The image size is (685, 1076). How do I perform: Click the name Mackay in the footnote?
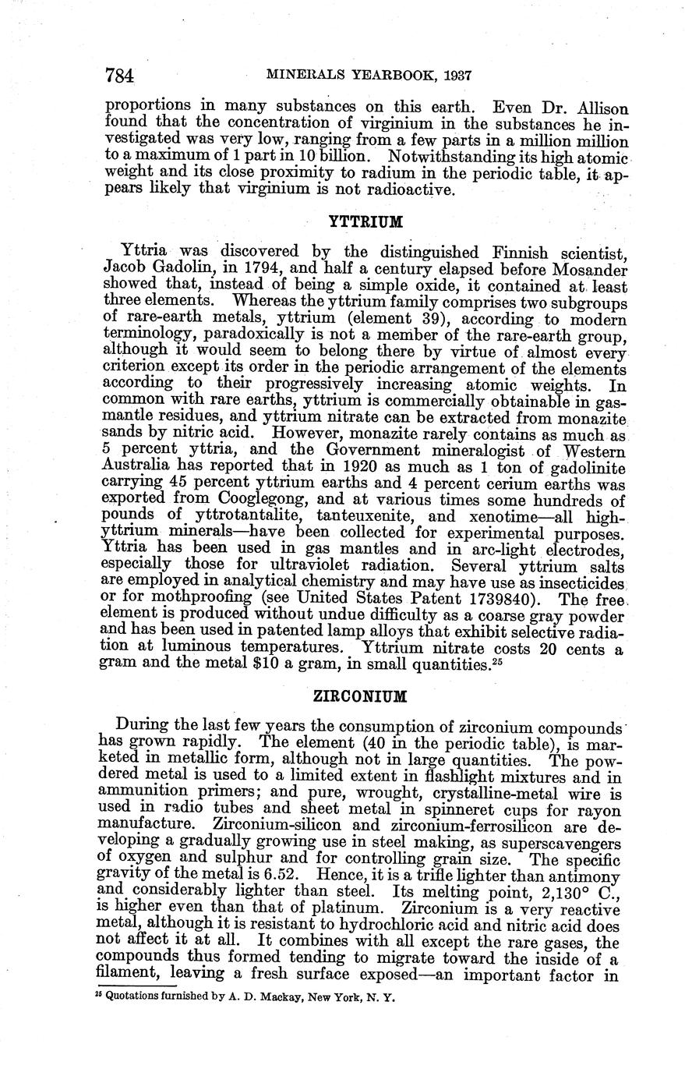pyautogui.click(x=273, y=996)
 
